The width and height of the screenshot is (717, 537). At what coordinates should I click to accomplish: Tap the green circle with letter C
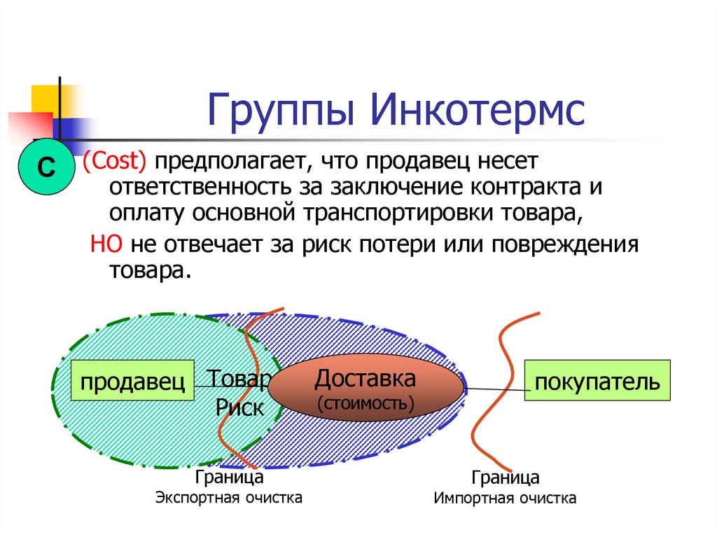[45, 168]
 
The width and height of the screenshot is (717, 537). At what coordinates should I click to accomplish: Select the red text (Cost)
[114, 162]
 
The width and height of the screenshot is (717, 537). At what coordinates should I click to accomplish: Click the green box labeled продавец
[132, 381]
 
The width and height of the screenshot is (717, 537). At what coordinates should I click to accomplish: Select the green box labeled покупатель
[597, 381]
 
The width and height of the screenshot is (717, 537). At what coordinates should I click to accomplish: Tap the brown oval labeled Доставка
[365, 390]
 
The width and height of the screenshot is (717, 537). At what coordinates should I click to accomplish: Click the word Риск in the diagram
[239, 408]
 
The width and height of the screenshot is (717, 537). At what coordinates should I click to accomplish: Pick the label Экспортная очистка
[229, 498]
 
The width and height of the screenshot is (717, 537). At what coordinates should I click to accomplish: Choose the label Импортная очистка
[505, 498]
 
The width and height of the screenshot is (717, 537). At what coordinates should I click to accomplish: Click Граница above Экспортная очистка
[229, 478]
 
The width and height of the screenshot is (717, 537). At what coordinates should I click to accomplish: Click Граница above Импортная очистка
[505, 478]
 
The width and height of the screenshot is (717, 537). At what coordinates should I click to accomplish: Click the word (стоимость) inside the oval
[365, 404]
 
